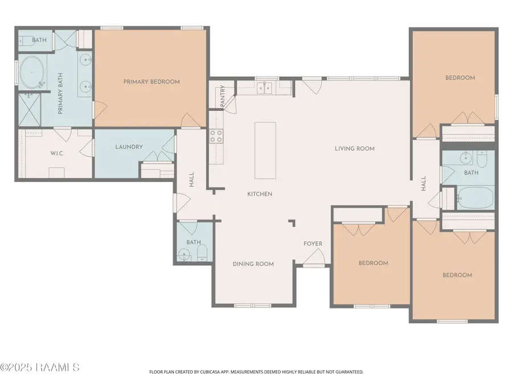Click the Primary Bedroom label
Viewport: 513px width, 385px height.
point(152,82)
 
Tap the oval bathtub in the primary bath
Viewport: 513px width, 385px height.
point(32,72)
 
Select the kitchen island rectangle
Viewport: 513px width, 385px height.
point(265,150)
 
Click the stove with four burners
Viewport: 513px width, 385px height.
point(216,136)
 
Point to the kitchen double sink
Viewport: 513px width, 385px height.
point(264,88)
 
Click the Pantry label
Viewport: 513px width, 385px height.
point(222,96)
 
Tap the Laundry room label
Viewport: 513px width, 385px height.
point(129,147)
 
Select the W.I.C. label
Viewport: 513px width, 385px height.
point(57,153)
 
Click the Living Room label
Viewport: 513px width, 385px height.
point(355,149)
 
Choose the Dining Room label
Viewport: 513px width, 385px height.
point(253,264)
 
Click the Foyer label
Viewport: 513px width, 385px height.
point(313,244)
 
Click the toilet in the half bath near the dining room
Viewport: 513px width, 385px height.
point(202,253)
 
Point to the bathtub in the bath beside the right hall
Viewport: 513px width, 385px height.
point(475,198)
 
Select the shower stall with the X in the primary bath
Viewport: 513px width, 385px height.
point(30,110)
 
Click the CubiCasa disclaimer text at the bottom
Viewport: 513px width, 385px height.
point(256,372)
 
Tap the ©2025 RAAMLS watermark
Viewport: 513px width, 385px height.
point(39,367)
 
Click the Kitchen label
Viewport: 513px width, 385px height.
point(260,194)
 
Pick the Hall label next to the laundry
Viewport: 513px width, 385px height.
point(192,180)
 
